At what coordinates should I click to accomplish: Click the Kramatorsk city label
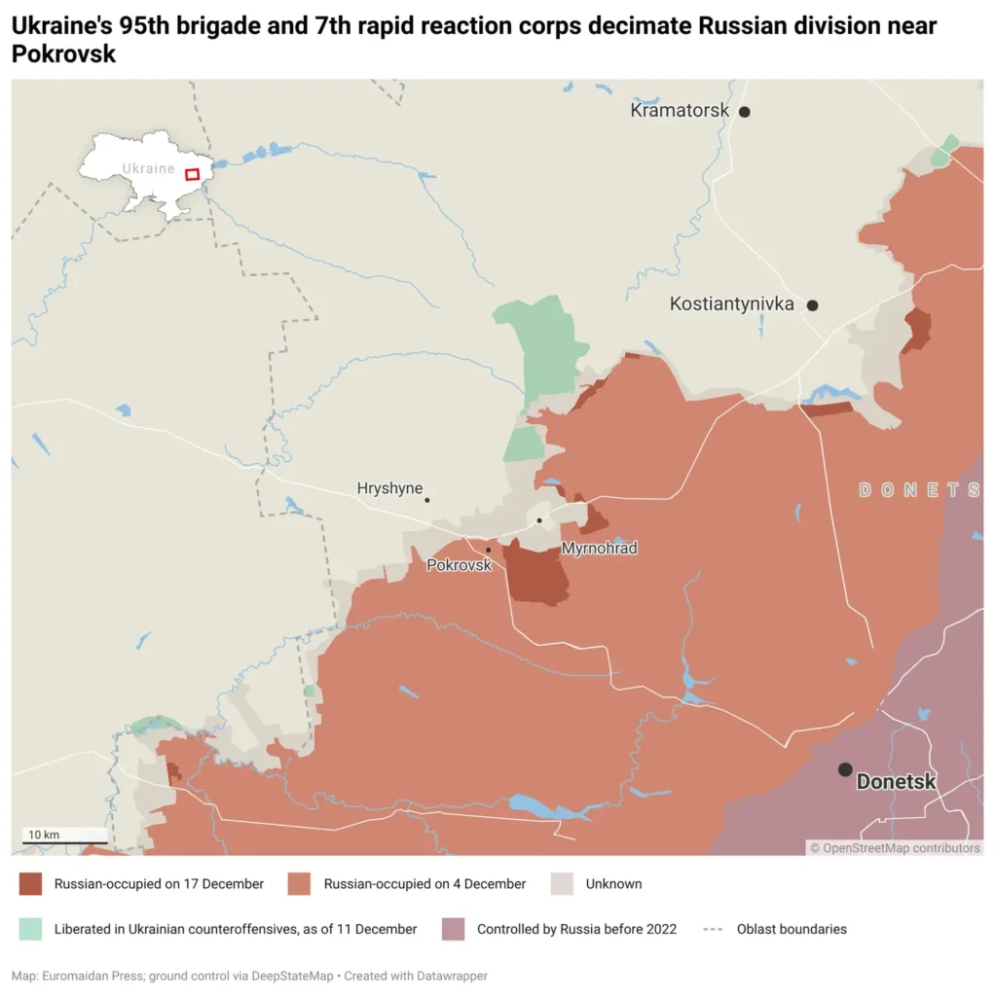point(680,111)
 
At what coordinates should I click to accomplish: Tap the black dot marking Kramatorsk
point(745,112)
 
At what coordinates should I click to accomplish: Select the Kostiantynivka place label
point(731,304)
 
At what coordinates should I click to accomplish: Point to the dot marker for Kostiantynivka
point(813,305)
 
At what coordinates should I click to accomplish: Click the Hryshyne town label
point(389,488)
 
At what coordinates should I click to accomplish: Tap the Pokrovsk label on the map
point(459,564)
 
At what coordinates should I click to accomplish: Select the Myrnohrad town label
point(599,549)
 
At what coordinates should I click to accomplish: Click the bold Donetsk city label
point(896,781)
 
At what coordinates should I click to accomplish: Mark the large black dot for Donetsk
point(845,769)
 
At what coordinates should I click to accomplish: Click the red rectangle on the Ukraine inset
point(193,174)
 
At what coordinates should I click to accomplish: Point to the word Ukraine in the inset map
point(148,168)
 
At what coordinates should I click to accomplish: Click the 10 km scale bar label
point(44,835)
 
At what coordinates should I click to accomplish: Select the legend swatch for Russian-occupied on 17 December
point(30,884)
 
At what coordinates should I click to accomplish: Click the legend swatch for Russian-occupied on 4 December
point(300,884)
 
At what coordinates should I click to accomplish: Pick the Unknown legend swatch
point(562,884)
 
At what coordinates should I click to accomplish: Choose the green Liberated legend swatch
point(30,929)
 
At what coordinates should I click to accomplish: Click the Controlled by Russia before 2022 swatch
point(453,929)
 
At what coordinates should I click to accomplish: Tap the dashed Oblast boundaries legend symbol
point(713,929)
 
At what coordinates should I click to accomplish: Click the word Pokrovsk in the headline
point(63,54)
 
